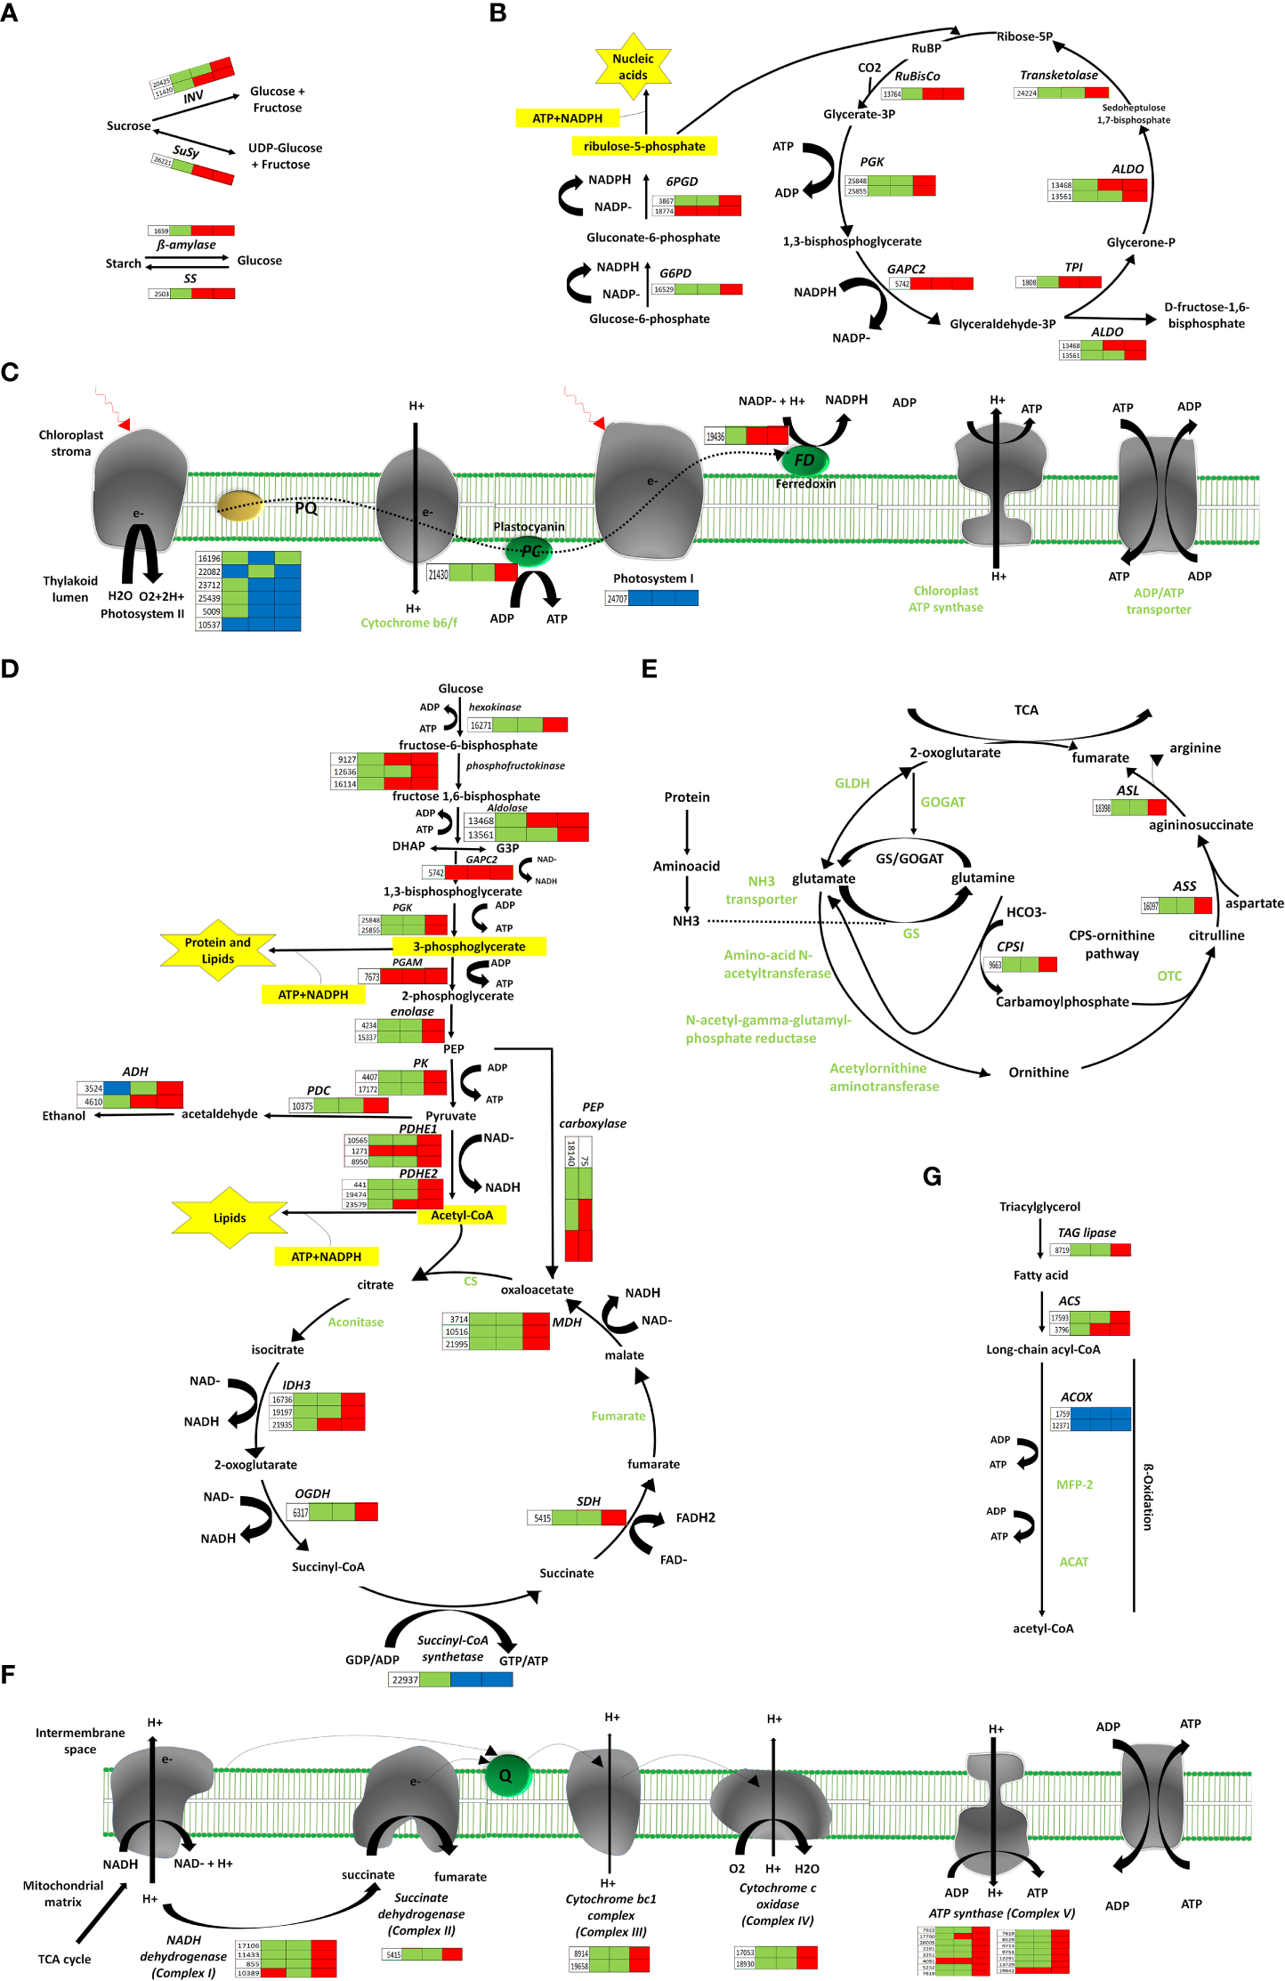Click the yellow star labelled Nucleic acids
[633, 67]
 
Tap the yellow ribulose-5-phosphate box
[644, 147]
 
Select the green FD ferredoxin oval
[804, 460]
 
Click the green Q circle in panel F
[506, 1775]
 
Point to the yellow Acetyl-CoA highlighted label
[462, 1215]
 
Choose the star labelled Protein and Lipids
[218, 950]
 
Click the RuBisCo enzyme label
[917, 77]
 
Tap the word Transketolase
[1058, 76]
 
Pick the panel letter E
[650, 669]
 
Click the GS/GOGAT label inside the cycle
[909, 859]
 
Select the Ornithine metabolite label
[1039, 1072]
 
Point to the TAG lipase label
[1086, 1233]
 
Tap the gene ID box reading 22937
[405, 1679]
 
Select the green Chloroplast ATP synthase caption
[945, 599]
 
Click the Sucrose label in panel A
[128, 125]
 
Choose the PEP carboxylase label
[592, 1115]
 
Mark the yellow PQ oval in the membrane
[239, 505]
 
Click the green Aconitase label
[355, 1322]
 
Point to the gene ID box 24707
[617, 599]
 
